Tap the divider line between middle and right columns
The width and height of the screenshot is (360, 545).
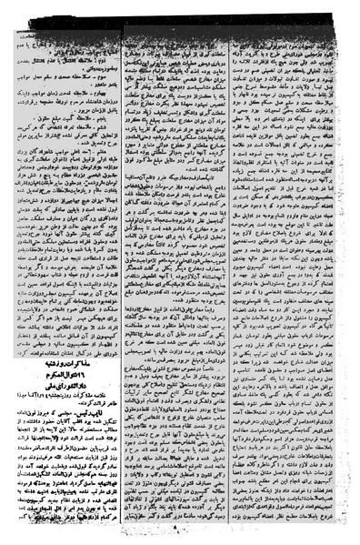[239, 273]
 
